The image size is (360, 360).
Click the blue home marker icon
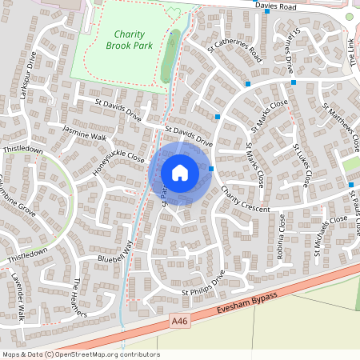click(180, 172)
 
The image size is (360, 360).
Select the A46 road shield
click(180, 321)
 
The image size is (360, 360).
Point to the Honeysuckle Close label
click(118, 162)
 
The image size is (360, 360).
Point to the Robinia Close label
click(281, 240)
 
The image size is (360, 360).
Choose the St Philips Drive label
click(203, 287)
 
